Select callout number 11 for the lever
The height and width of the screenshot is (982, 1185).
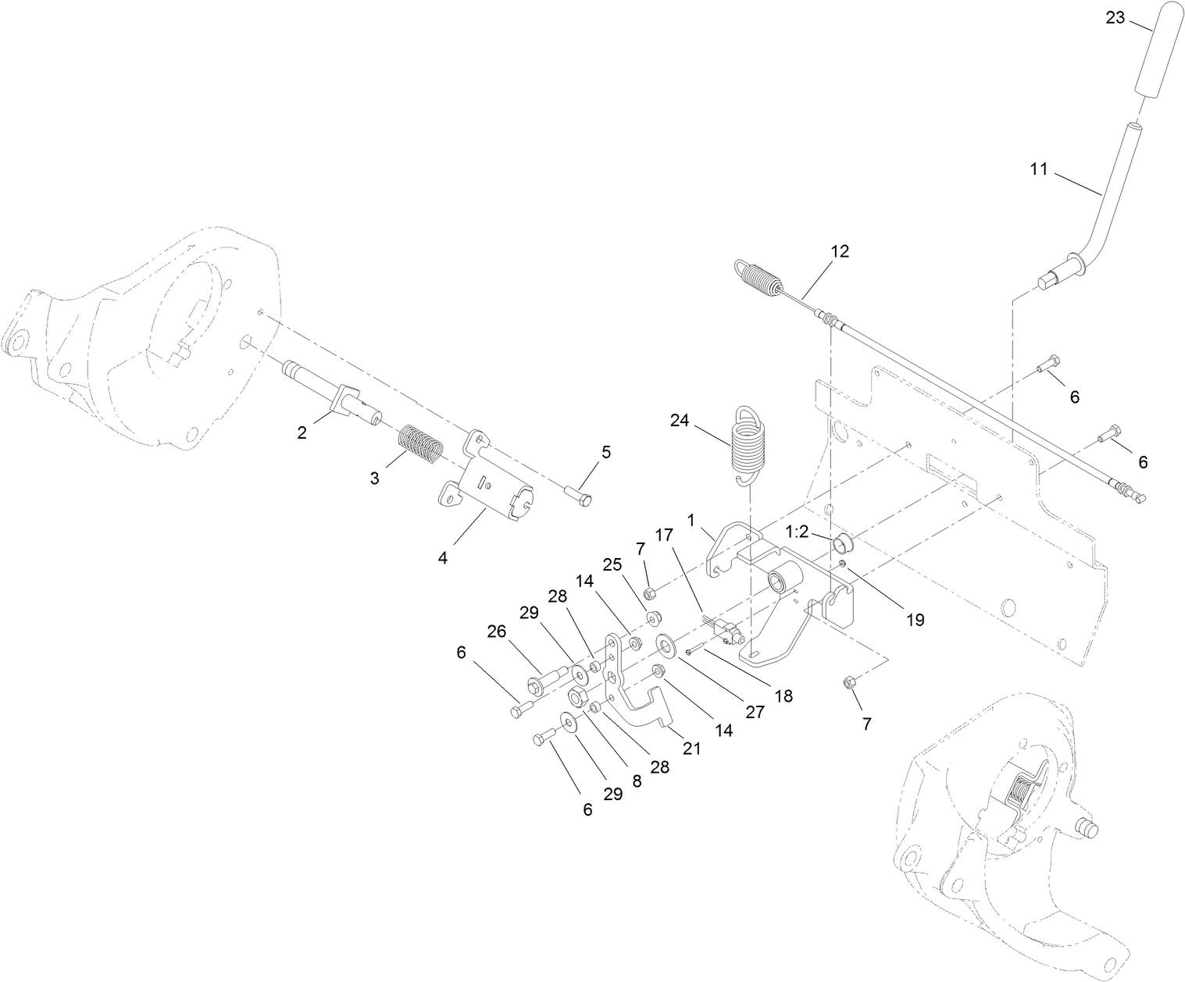click(x=1038, y=169)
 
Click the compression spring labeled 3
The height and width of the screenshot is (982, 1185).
click(x=422, y=443)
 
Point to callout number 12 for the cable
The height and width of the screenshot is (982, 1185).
click(x=840, y=251)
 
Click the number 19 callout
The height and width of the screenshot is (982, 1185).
click(x=915, y=620)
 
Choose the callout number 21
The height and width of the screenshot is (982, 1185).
click(x=692, y=748)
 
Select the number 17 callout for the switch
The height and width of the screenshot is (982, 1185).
click(x=664, y=535)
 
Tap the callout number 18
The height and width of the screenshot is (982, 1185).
click(x=783, y=696)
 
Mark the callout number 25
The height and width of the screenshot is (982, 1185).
click(x=612, y=564)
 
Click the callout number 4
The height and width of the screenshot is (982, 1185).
click(x=443, y=559)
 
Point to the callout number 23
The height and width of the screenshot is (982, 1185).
click(x=1115, y=17)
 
